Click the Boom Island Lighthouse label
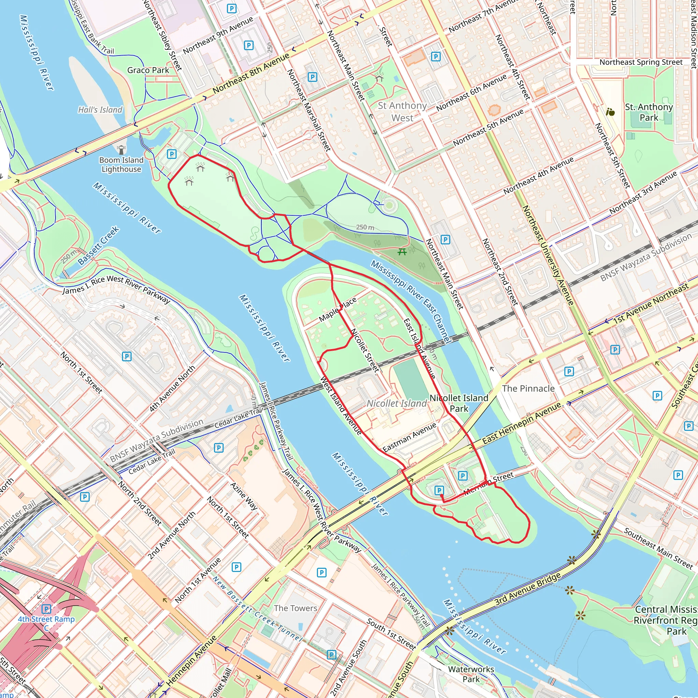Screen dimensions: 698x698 click(x=121, y=164)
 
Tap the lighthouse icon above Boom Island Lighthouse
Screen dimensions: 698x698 click(x=121, y=149)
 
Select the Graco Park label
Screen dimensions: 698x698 click(x=148, y=70)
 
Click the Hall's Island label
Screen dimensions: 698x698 click(x=101, y=110)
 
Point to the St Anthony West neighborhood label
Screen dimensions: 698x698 click(x=402, y=112)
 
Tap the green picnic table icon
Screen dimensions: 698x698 click(x=402, y=252)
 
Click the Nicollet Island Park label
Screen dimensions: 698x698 click(x=459, y=403)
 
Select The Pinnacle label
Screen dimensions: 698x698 click(x=528, y=389)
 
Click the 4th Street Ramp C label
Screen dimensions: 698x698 click(x=46, y=623)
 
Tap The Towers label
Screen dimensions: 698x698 click(x=295, y=608)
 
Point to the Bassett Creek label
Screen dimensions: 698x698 click(x=98, y=245)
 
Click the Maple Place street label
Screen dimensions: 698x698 click(x=338, y=309)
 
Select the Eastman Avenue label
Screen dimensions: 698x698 click(x=409, y=438)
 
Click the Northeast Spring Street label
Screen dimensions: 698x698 click(x=641, y=62)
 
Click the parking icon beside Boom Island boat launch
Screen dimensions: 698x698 click(x=172, y=154)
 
